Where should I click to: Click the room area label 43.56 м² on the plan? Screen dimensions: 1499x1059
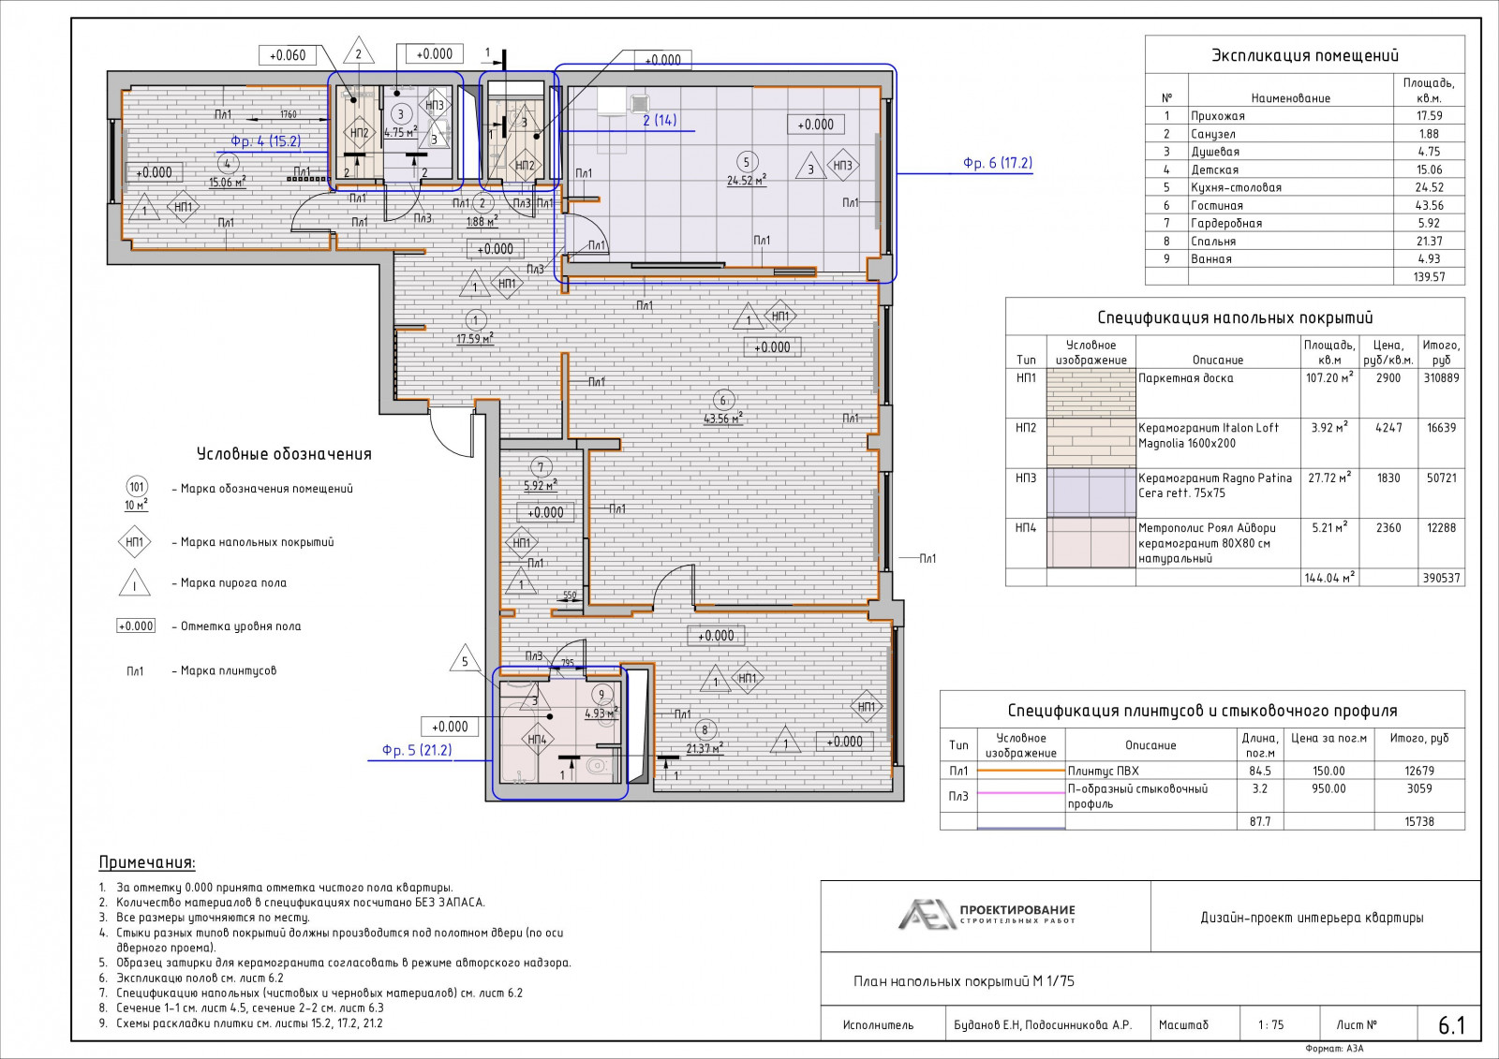coord(722,419)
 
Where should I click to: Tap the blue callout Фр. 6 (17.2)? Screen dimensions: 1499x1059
coord(997,163)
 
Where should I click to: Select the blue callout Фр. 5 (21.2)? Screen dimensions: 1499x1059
coord(417,751)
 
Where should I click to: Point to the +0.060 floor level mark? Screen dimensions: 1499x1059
coord(287,55)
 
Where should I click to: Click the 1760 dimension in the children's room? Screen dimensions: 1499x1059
coord(289,114)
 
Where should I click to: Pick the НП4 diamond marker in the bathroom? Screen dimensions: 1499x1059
coord(538,739)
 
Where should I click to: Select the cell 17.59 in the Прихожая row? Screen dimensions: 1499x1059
coord(1430,116)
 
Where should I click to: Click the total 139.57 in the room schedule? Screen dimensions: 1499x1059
coord(1430,276)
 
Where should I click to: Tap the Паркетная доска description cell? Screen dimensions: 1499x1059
coord(1186,378)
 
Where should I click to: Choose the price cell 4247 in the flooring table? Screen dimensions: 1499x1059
coord(1388,428)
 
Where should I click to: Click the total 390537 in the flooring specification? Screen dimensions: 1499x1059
coord(1442,578)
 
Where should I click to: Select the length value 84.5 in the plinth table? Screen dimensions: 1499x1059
coord(1259,771)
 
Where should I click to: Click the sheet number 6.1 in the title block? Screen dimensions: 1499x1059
coord(1451,1025)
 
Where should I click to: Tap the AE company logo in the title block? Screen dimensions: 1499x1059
coord(927,915)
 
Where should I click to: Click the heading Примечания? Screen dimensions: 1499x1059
coord(147,862)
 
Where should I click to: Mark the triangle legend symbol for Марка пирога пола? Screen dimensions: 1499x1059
coord(135,582)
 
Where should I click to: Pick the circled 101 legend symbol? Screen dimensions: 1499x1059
coord(137,487)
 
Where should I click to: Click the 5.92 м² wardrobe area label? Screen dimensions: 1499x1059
coord(541,486)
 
